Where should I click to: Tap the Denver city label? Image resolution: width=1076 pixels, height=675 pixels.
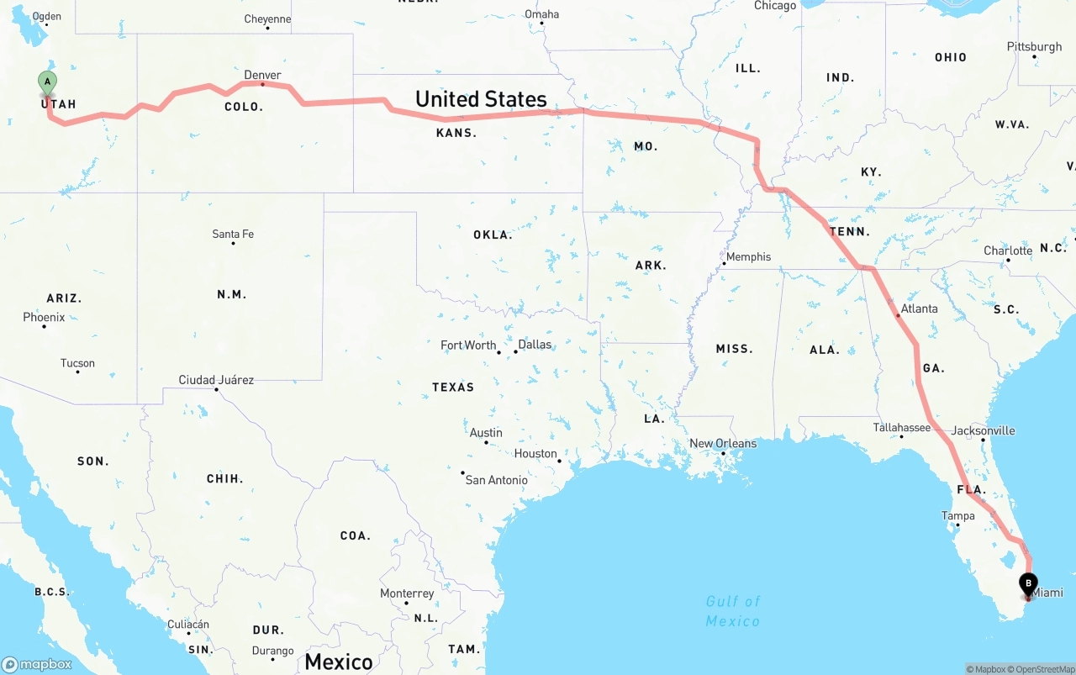pyautogui.click(x=262, y=76)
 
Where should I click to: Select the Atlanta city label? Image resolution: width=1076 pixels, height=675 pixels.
pyautogui.click(x=919, y=308)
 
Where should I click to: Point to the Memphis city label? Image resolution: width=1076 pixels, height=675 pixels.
pyautogui.click(x=748, y=257)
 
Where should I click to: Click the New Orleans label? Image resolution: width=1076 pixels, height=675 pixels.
pyautogui.click(x=723, y=444)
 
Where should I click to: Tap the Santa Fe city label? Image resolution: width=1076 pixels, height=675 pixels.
pyautogui.click(x=233, y=234)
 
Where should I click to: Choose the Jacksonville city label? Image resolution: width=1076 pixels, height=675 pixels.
pyautogui.click(x=983, y=431)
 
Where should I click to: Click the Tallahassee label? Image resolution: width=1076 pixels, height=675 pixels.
pyautogui.click(x=902, y=428)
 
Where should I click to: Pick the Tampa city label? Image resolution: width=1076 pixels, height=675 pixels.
pyautogui.click(x=958, y=516)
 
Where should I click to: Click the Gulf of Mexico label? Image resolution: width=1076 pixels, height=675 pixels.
pyautogui.click(x=733, y=611)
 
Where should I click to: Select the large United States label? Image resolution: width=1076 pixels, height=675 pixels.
pyautogui.click(x=481, y=99)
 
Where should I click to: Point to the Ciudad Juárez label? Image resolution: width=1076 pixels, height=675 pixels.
pyautogui.click(x=216, y=380)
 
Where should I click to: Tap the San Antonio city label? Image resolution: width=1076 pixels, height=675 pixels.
pyautogui.click(x=497, y=480)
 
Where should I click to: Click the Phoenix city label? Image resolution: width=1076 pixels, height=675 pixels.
pyautogui.click(x=44, y=318)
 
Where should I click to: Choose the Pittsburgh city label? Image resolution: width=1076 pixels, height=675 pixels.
pyautogui.click(x=1034, y=47)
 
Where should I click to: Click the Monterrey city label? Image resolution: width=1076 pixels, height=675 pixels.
pyautogui.click(x=407, y=593)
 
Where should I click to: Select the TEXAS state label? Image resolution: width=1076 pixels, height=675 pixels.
pyautogui.click(x=453, y=388)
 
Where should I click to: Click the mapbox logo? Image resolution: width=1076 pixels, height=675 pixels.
pyautogui.click(x=37, y=664)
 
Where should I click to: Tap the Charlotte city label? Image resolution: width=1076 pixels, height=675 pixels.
pyautogui.click(x=1008, y=251)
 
